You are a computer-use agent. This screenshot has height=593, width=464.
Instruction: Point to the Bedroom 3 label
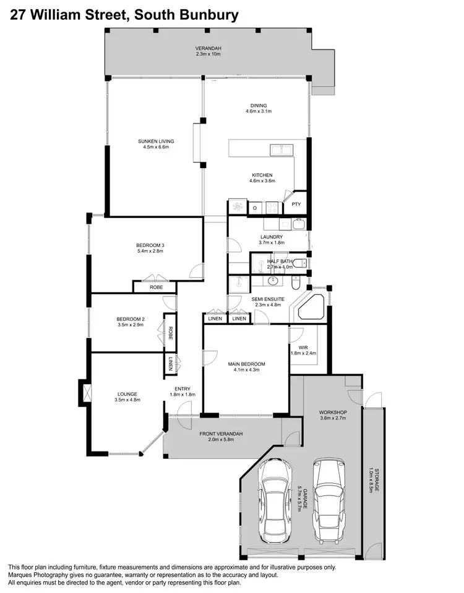[150, 245]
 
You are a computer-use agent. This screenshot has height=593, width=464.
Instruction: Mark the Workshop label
[333, 412]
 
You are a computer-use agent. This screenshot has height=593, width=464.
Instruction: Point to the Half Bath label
[280, 261]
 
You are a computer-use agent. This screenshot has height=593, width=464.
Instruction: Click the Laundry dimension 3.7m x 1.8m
[272, 243]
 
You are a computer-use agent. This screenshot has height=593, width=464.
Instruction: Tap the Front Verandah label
[221, 434]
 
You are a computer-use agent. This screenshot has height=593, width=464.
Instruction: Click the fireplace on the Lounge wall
[86, 393]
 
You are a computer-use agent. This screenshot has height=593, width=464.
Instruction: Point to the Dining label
[259, 106]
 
